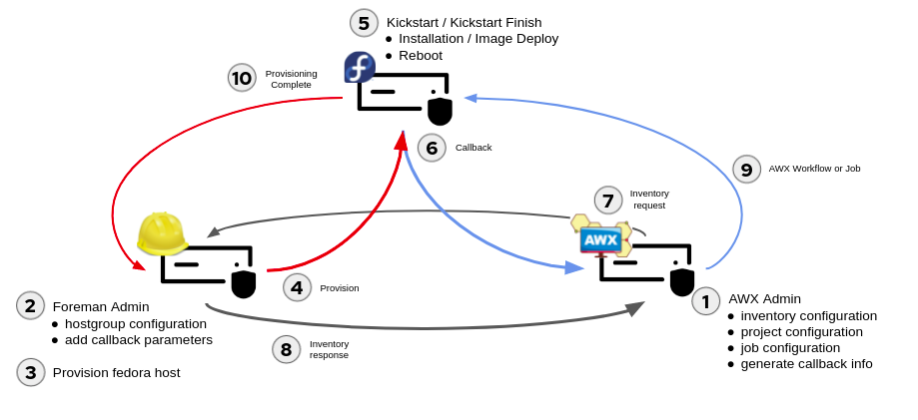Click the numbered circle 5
tap(364, 23)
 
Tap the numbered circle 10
tap(242, 78)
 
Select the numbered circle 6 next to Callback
tap(432, 148)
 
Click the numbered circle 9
tap(746, 169)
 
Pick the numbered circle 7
tap(608, 200)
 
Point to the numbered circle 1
tap(705, 301)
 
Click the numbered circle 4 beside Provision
tap(297, 287)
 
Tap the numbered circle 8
tap(286, 349)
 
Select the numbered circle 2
tap(30, 305)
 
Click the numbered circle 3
tap(30, 372)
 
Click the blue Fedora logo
tap(360, 68)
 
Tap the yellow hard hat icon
tap(162, 233)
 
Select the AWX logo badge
tap(600, 238)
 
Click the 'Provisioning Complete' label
tap(291, 79)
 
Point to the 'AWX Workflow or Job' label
tap(814, 169)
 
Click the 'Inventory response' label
tap(329, 349)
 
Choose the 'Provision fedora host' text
tap(116, 373)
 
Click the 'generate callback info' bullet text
tap(806, 364)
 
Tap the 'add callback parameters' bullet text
tap(138, 340)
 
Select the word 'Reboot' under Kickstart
tap(420, 56)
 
